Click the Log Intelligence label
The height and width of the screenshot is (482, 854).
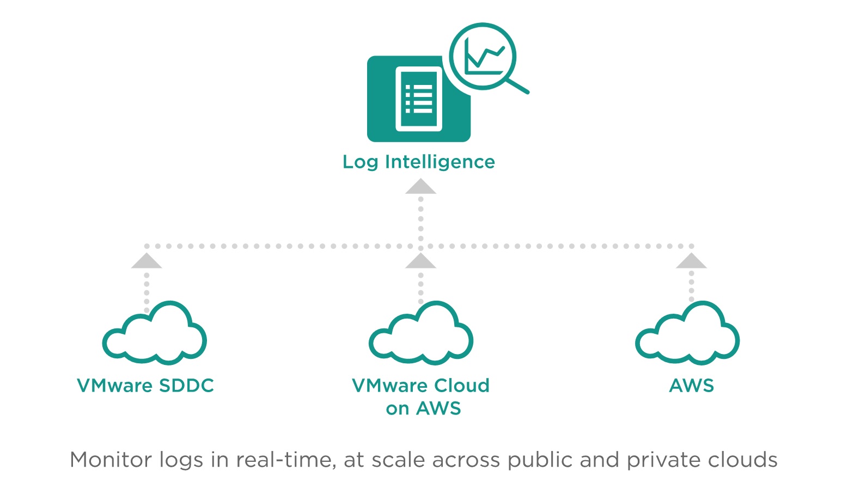tap(418, 162)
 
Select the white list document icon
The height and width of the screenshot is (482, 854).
tap(418, 99)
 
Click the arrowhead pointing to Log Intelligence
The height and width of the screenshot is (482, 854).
tap(420, 187)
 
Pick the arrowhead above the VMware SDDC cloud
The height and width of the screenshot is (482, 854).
tap(147, 261)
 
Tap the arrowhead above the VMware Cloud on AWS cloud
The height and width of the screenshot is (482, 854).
tap(420, 261)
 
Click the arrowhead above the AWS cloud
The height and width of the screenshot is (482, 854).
tap(691, 261)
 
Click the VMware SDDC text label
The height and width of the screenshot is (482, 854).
tap(145, 386)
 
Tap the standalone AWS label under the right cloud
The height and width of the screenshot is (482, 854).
tap(691, 386)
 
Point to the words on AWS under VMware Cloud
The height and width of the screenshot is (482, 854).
tap(423, 408)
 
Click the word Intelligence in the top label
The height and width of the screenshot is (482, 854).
tap(440, 162)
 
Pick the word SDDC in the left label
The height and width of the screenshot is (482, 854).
tap(186, 386)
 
